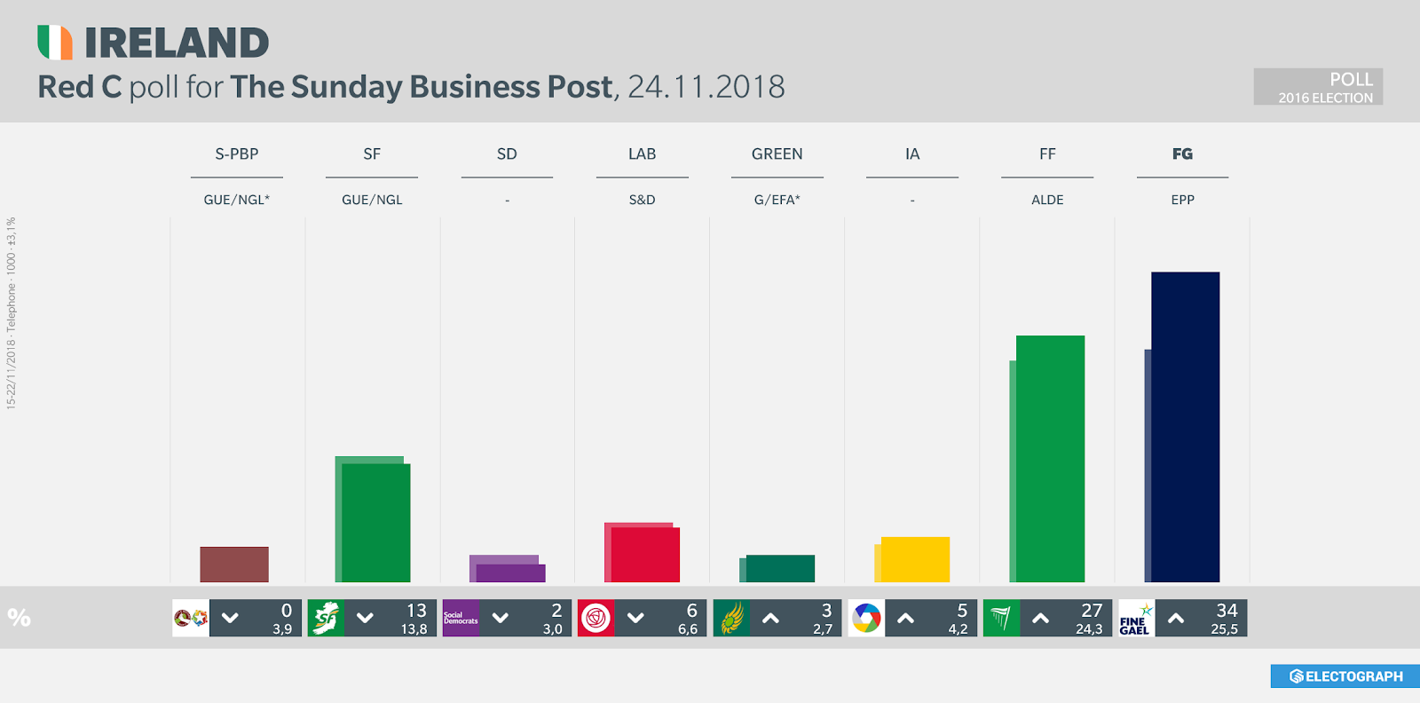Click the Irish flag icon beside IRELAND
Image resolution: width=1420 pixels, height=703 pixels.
55,43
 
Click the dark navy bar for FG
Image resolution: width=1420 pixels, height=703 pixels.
1186,426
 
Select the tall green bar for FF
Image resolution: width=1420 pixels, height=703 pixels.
1050,458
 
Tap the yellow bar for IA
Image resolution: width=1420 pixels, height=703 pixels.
915,559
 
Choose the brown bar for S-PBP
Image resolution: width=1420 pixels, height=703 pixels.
234,565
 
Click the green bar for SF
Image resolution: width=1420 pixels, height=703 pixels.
375,522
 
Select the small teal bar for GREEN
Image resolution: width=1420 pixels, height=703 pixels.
780,568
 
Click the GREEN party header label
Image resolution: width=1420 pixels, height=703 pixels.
777,154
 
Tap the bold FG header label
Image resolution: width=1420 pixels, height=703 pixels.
1182,154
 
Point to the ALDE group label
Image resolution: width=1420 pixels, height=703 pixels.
1047,200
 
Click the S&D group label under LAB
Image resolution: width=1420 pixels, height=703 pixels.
642,200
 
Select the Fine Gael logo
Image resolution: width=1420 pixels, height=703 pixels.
1135,619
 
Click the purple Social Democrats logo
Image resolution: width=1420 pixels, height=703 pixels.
461,619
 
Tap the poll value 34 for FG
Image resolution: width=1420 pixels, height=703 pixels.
1227,611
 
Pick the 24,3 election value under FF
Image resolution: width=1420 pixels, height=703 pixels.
1089,629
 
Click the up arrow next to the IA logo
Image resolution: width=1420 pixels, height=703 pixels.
905,619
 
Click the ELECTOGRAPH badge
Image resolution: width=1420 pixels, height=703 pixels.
1345,676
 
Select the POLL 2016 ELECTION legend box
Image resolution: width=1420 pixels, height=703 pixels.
1318,87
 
